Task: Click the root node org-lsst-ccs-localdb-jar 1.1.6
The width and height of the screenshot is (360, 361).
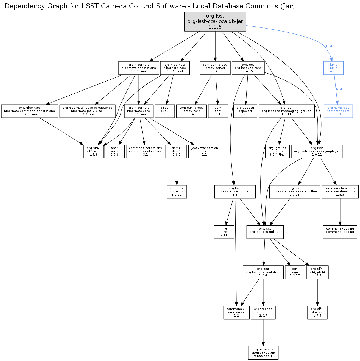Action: click(x=215, y=21)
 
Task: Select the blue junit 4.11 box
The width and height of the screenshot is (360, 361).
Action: click(x=333, y=68)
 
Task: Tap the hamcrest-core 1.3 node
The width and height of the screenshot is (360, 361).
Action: click(x=338, y=111)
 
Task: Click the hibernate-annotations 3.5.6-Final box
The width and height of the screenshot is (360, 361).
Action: click(x=139, y=68)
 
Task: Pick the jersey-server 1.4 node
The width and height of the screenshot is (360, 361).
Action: click(x=215, y=68)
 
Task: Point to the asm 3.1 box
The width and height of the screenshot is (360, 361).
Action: click(x=218, y=111)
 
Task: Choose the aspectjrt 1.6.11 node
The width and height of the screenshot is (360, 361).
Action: click(x=245, y=111)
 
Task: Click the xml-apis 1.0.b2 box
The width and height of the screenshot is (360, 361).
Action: click(x=177, y=192)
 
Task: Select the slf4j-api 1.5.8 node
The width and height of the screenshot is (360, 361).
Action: click(x=93, y=151)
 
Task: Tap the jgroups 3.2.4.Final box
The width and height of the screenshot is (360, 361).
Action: click(x=277, y=151)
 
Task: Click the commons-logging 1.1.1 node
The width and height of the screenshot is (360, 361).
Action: click(x=340, y=232)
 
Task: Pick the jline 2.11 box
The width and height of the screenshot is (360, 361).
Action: click(x=224, y=232)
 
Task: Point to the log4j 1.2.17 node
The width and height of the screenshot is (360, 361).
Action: click(x=295, y=272)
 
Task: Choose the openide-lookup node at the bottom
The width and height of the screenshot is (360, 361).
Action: click(x=263, y=353)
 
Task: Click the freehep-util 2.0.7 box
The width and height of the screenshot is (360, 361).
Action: click(x=263, y=312)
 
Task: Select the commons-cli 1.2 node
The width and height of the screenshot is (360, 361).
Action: click(x=236, y=312)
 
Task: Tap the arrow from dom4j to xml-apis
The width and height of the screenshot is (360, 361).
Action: click(x=177, y=172)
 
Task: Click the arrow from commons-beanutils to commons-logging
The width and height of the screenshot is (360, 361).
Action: click(x=340, y=212)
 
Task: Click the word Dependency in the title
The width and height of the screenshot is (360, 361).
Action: click(x=20, y=6)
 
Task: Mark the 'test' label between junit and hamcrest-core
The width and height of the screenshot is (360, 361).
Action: click(x=339, y=89)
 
